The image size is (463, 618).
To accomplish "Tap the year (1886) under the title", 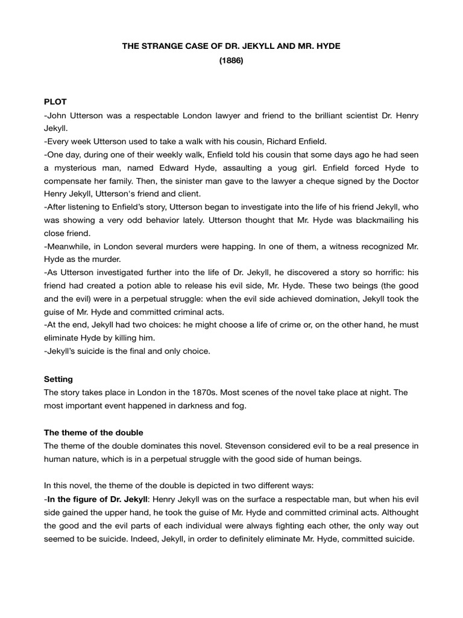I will point(231,61).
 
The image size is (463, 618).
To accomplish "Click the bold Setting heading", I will point(58,379).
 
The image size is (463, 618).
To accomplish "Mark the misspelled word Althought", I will point(395,512).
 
